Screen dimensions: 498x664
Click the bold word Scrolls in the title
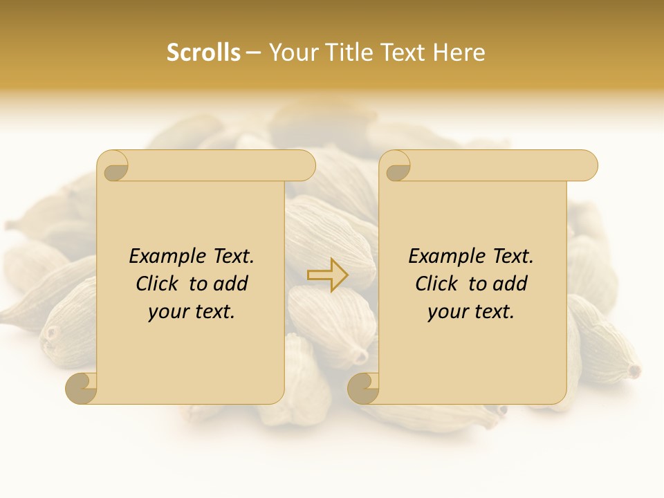(x=203, y=53)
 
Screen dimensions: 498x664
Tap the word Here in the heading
(x=459, y=53)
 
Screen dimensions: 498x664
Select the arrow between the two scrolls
(x=328, y=275)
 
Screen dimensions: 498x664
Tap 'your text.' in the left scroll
(x=192, y=312)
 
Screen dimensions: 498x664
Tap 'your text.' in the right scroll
(x=471, y=312)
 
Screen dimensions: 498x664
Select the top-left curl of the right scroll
(x=397, y=167)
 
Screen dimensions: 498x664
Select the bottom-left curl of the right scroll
(x=363, y=388)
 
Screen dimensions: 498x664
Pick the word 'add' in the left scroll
(x=231, y=284)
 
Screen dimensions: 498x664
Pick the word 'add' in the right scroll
(x=510, y=284)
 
